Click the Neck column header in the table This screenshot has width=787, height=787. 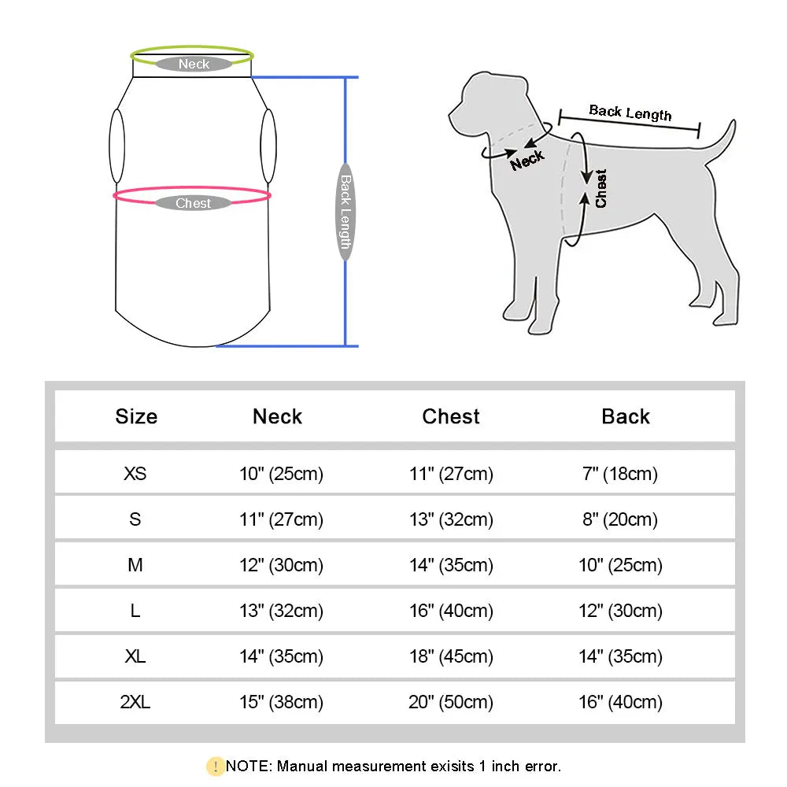coord(277,416)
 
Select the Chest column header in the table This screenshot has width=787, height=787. coord(451,416)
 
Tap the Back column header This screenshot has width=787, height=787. coord(626,416)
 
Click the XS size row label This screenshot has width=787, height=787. coord(135,474)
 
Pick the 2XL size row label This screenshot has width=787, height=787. coord(135,702)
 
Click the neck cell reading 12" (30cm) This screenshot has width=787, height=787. coord(281,565)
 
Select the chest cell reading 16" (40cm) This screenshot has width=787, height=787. coord(451,611)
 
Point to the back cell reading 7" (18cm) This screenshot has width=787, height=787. coord(620,474)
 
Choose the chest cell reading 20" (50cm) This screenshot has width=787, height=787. coord(451,702)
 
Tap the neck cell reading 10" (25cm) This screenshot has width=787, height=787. coord(281,474)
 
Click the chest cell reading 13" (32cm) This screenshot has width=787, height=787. coord(451,519)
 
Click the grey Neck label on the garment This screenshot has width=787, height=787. coord(194,65)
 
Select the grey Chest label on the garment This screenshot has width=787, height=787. coord(194,203)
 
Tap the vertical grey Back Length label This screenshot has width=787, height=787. coord(345,211)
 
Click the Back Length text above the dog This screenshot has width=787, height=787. coord(630,113)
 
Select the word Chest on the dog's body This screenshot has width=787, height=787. coord(601,189)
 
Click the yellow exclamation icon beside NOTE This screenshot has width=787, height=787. coord(215,766)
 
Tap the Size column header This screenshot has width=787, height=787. coord(136,416)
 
